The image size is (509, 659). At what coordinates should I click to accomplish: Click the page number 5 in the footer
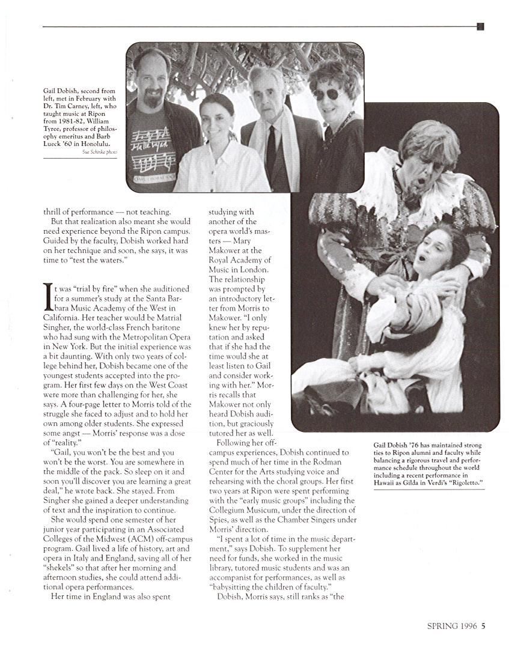483,625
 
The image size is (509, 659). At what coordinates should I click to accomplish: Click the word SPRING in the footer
442,625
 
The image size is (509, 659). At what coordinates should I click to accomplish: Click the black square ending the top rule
480,26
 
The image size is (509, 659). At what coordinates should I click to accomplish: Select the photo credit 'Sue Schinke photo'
100,152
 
